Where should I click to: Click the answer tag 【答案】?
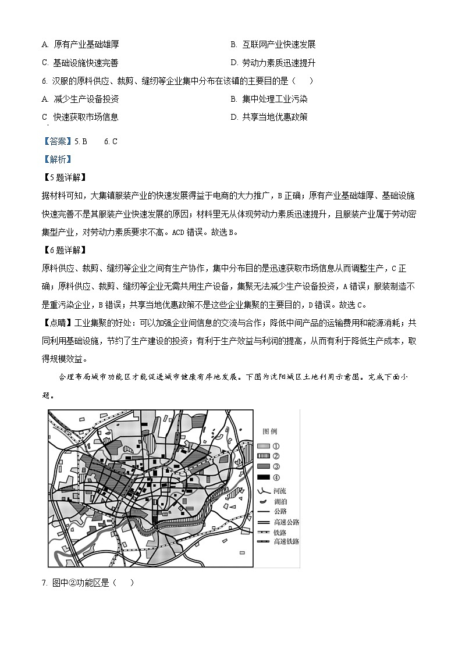pos(56,141)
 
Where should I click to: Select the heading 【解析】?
pos(56,159)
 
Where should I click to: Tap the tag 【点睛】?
pos(56,323)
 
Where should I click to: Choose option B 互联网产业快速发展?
pos(273,44)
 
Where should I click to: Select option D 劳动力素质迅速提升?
pos(273,63)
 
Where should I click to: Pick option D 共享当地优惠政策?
pos(269,117)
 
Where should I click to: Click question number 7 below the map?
pos(44,583)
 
